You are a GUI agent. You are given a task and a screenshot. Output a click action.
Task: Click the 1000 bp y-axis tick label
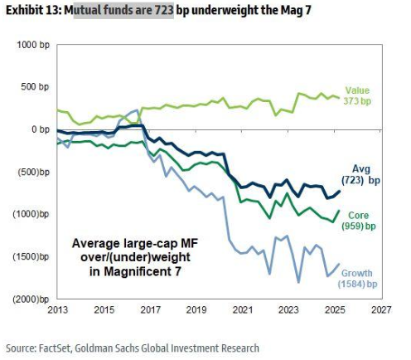(33, 45)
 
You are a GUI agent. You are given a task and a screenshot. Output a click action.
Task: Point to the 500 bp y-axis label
(35, 87)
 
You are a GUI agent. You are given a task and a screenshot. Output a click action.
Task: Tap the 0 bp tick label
(41, 129)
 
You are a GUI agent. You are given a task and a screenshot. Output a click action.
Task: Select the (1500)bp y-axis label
(31, 256)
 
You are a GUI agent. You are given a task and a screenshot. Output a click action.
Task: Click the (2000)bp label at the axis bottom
(31, 299)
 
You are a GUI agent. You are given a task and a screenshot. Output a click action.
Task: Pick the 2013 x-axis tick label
(57, 309)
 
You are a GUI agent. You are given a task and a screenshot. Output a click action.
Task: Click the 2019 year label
(196, 309)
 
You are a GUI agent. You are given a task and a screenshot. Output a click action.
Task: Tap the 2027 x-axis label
(381, 309)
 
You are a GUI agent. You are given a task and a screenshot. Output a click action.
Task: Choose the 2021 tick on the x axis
(243, 309)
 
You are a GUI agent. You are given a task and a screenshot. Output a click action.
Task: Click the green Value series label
(357, 90)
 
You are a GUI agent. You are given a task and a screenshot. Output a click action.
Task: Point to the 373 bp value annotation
(357, 101)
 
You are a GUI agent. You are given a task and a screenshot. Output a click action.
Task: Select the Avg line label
(361, 169)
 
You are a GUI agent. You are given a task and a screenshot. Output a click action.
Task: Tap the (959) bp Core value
(359, 226)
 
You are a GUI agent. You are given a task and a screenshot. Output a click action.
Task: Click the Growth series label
(357, 273)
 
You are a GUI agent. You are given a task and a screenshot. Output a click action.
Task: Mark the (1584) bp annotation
(357, 284)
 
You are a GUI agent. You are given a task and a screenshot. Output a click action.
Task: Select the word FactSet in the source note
(56, 348)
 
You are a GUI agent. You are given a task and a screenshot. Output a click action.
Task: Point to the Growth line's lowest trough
(298, 282)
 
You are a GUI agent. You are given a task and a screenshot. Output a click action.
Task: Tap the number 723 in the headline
(164, 11)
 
